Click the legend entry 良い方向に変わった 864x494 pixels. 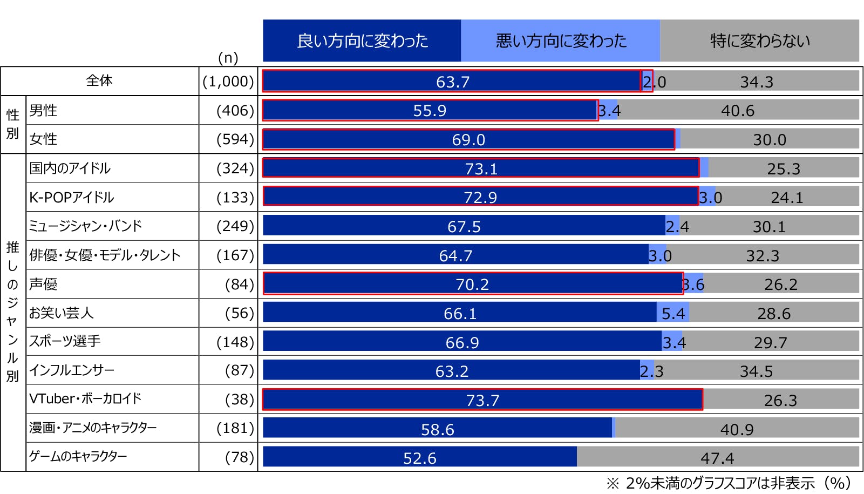(x=362, y=41)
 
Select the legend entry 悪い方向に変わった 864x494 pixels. (x=561, y=41)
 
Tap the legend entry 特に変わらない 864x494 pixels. (x=759, y=41)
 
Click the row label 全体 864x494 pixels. (x=99, y=81)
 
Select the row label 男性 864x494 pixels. (x=43, y=111)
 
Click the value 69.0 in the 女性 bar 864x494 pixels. (x=468, y=140)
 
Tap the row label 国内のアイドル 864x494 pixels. (x=70, y=168)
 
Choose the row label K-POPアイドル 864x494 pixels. (x=71, y=198)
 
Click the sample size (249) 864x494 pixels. (x=235, y=226)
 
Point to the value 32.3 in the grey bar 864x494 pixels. (x=762, y=255)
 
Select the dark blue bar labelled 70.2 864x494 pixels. (x=473, y=284)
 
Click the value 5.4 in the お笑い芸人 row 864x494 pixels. (x=673, y=313)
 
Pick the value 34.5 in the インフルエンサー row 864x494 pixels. (x=756, y=371)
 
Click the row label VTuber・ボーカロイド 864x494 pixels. (x=85, y=399)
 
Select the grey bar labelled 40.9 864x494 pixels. (x=737, y=429)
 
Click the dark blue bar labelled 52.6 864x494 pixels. (x=420, y=458)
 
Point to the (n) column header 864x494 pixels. (x=228, y=58)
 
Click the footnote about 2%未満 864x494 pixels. (x=728, y=483)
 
